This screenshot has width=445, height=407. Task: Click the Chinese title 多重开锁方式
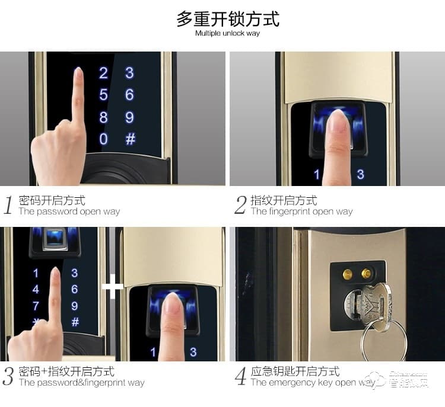228,19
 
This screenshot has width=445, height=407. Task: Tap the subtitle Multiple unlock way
228,33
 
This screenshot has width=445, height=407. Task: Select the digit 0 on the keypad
104,139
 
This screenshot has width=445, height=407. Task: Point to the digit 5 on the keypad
104,95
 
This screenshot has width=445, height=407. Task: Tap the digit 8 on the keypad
104,117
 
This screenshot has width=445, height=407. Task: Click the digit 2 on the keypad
104,73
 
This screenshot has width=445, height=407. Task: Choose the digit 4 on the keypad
36,290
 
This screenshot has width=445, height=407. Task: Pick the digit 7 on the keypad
36,306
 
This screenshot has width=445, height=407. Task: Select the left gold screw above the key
348,274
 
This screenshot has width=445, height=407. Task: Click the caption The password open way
69,211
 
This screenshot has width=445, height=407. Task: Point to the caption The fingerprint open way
301,211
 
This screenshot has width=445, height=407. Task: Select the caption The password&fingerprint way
81,383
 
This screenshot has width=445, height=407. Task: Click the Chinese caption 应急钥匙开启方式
295,371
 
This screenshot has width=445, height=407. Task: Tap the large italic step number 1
8,206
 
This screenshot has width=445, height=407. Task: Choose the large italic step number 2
240,206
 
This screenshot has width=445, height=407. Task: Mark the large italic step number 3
8,377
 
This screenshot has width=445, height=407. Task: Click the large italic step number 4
240,377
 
